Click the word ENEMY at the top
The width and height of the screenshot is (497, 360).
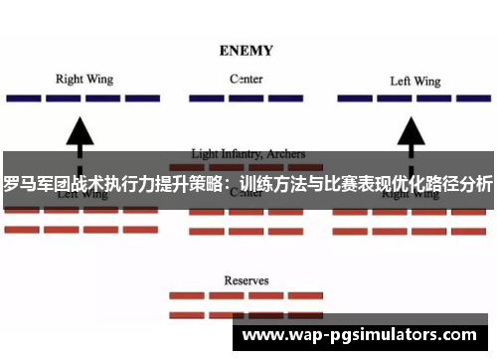(248, 49)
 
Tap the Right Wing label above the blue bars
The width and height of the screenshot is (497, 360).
(83, 79)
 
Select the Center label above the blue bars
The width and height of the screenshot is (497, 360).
(247, 79)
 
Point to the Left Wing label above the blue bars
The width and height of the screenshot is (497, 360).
(414, 81)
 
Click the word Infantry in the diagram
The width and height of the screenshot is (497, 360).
(243, 154)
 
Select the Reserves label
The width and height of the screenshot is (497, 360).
(246, 281)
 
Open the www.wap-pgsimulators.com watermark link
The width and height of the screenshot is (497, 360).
(359, 335)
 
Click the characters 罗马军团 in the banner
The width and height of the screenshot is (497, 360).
(37, 183)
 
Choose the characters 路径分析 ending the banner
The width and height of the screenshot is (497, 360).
(458, 183)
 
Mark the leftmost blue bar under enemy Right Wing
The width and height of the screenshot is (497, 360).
(21, 99)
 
